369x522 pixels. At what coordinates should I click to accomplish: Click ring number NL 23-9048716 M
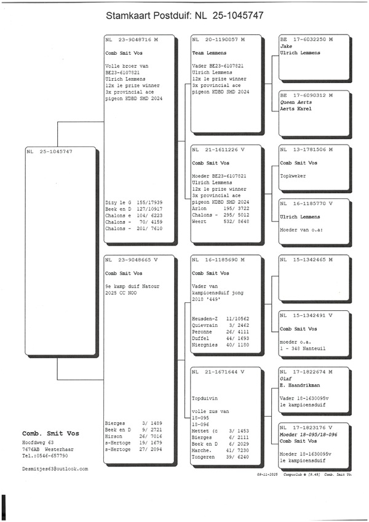pyautogui.click(x=132, y=39)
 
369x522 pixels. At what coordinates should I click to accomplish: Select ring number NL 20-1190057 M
pyautogui.click(x=218, y=39)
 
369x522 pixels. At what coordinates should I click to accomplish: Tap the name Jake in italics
pyautogui.click(x=285, y=46)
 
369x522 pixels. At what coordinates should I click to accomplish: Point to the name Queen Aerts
pyautogui.click(x=294, y=102)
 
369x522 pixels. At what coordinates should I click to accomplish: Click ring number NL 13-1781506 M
pyautogui.click(x=306, y=149)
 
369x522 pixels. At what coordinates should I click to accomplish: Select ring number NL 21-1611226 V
pyautogui.click(x=218, y=149)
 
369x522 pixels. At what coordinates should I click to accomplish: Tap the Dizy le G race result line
pyautogui.click(x=133, y=202)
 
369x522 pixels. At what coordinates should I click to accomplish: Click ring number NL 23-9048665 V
pyautogui.click(x=132, y=260)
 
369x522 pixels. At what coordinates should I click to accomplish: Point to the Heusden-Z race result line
pyautogui.click(x=220, y=318)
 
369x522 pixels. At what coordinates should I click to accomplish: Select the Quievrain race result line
pyautogui.click(x=220, y=325)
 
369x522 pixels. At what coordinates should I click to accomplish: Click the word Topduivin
pyautogui.click(x=206, y=398)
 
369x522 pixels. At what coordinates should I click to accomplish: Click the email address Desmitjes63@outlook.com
pyautogui.click(x=55, y=468)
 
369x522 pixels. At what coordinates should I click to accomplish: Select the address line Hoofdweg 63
pyautogui.click(x=38, y=443)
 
